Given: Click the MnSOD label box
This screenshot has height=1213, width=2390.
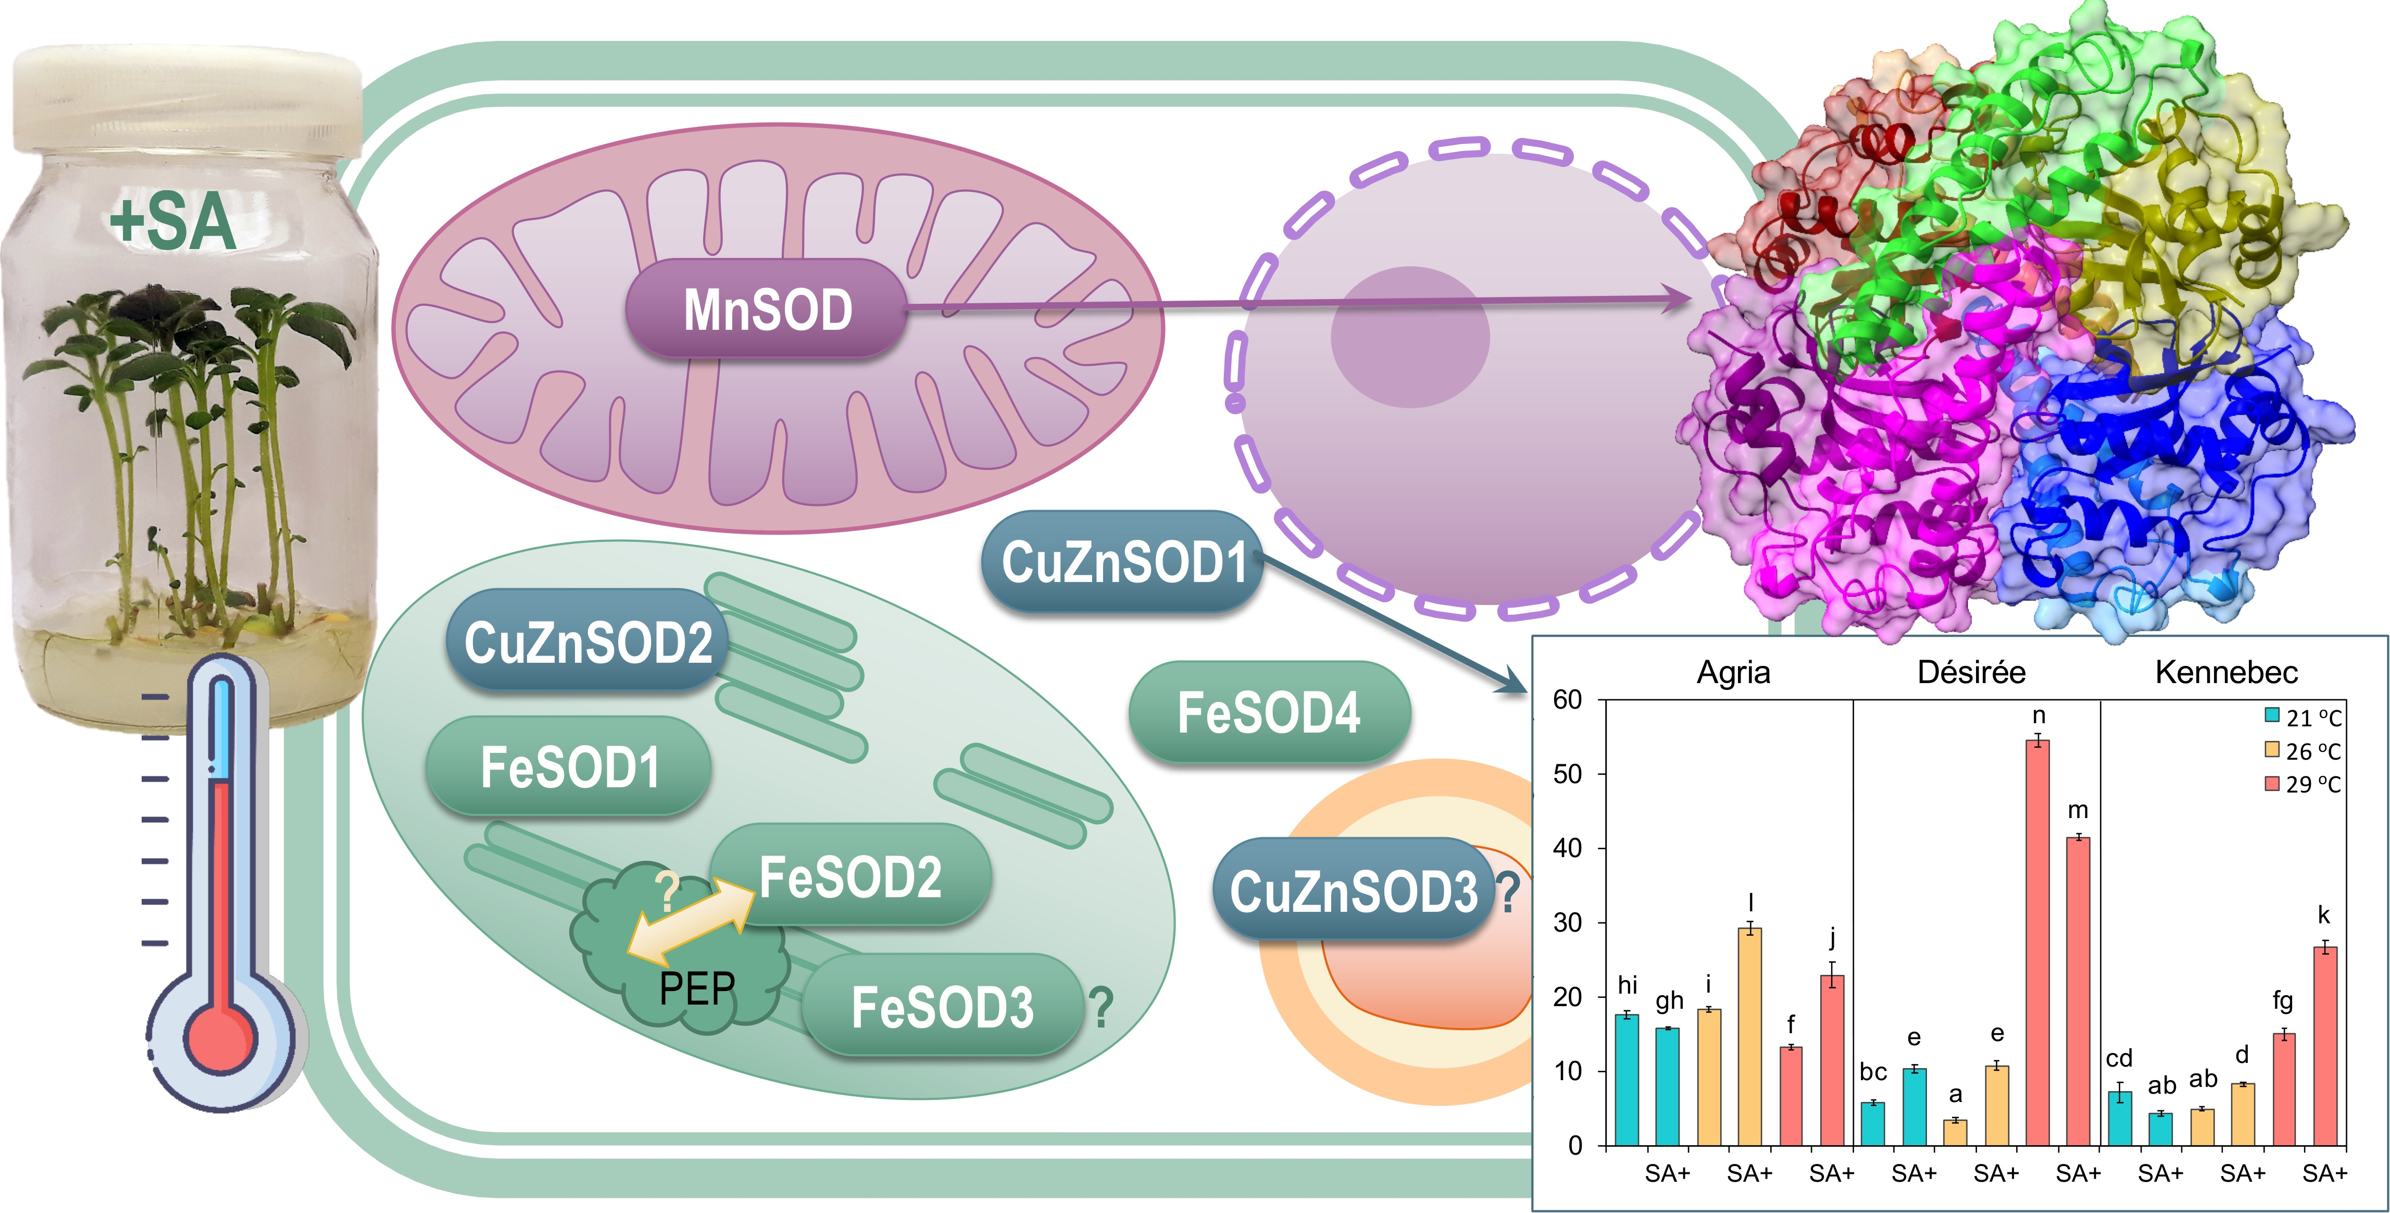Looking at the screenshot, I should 766,309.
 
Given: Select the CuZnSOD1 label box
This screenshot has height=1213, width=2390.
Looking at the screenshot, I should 1123,562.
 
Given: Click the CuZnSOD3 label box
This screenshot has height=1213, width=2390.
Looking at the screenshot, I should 1352,891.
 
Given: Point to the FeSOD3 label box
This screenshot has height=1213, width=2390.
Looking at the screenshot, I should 942,1007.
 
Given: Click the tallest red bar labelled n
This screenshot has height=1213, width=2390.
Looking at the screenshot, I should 2037,942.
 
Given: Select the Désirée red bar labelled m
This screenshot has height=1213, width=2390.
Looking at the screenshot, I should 2078,991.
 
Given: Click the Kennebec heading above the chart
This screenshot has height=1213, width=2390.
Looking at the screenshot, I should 2226,672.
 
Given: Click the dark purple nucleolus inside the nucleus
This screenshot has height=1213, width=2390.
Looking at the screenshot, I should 1409,337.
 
